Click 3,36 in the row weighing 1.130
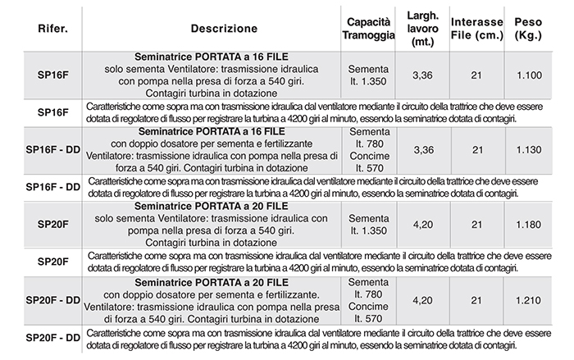coord(421,150)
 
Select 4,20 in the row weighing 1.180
coord(421,224)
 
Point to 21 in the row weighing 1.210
coord(476,302)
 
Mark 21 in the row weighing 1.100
coord(476,76)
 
